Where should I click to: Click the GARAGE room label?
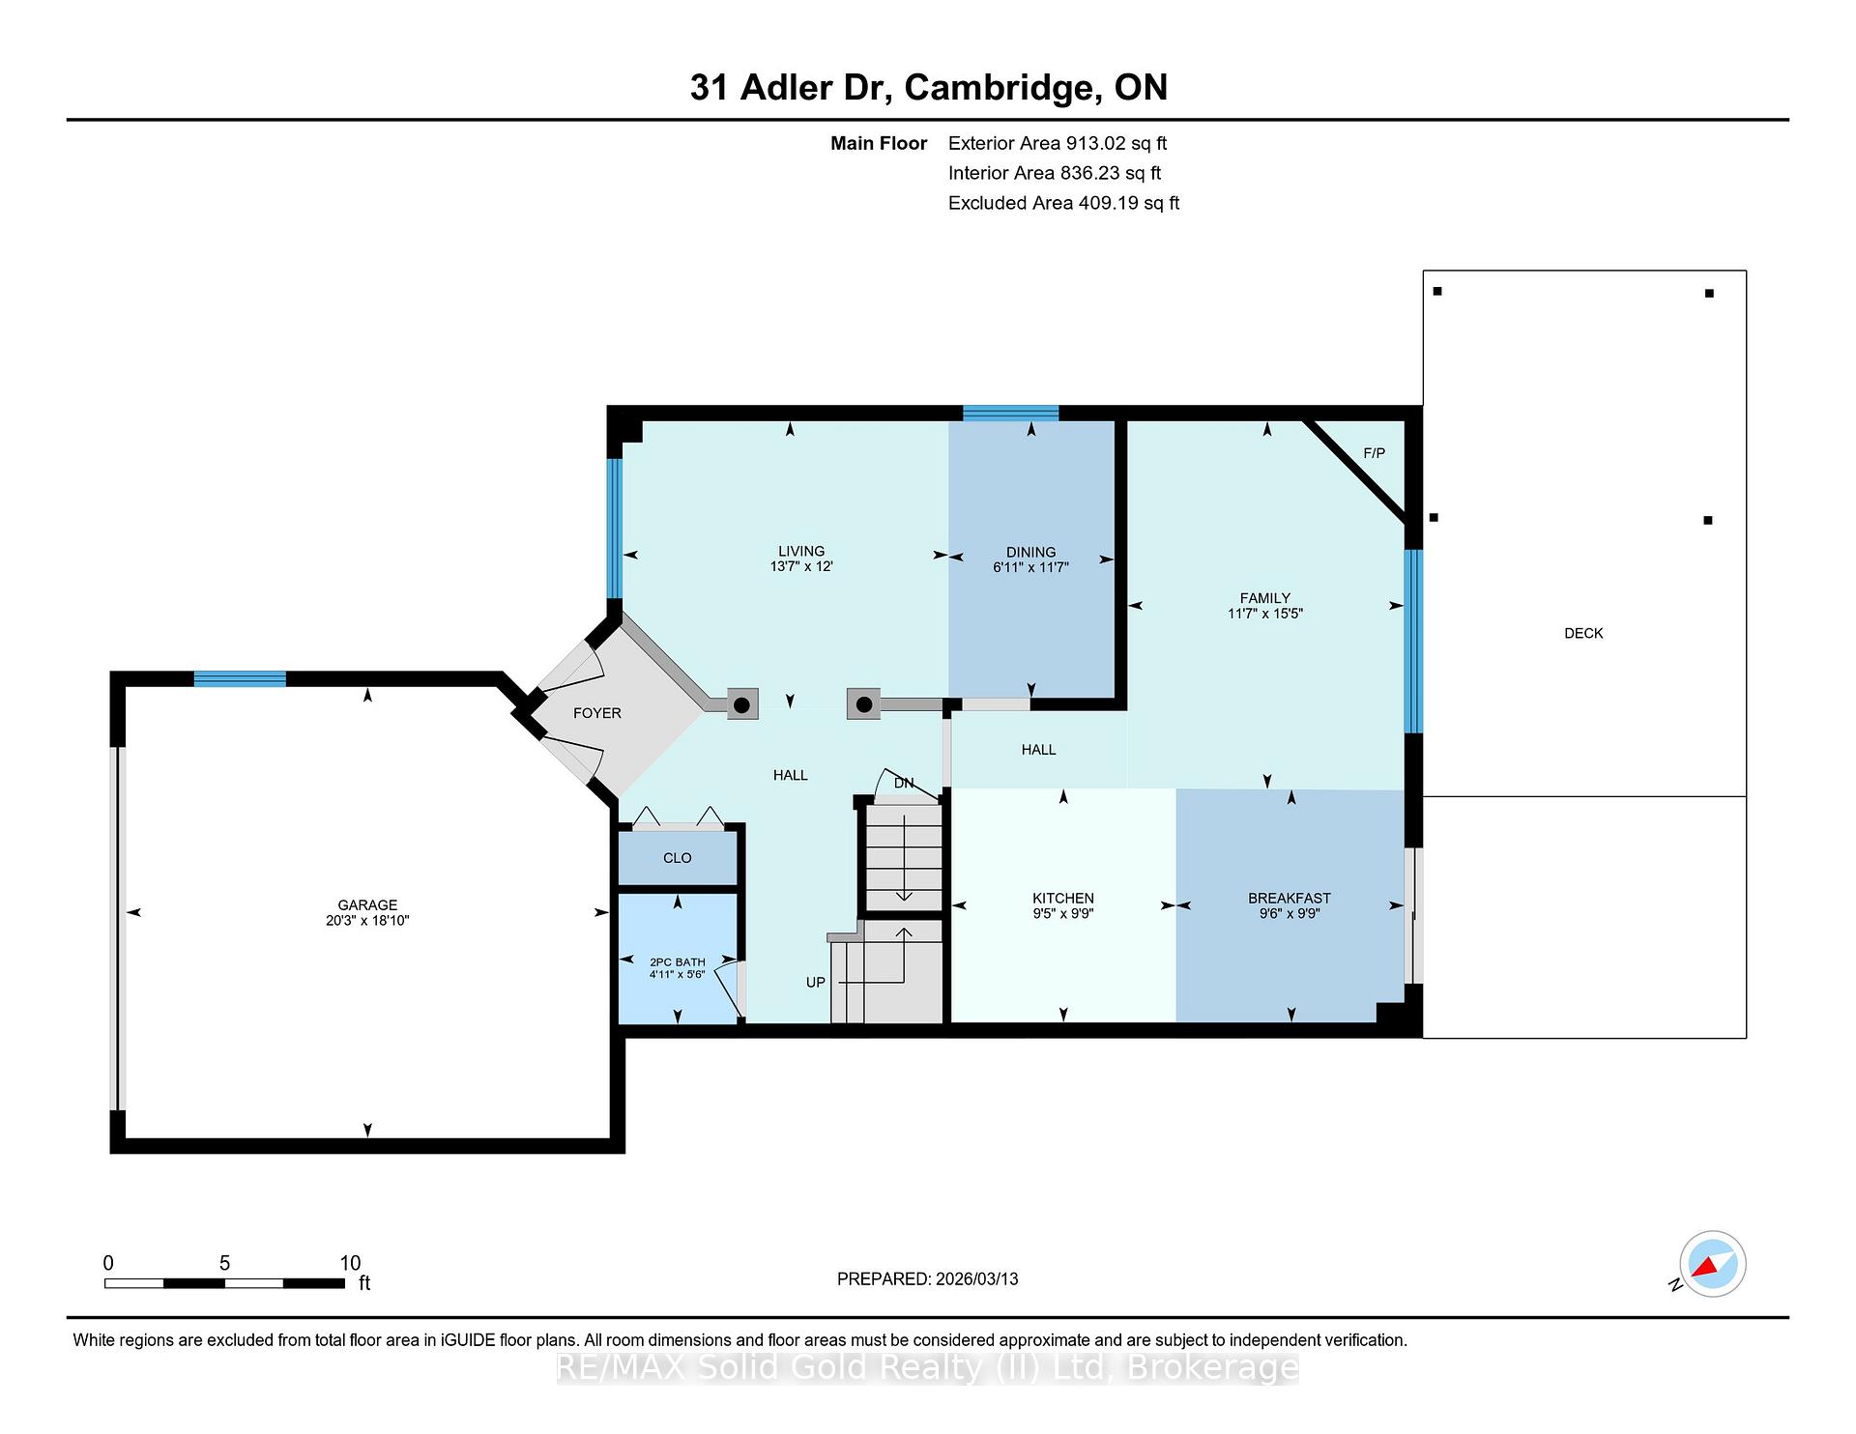click(367, 905)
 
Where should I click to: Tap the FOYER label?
click(597, 713)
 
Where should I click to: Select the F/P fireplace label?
click(1374, 453)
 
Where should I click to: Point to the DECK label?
click(1583, 633)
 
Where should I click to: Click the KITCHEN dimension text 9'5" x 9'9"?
click(1063, 913)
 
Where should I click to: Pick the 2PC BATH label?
click(678, 962)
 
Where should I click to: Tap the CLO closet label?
click(678, 858)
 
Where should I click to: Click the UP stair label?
click(816, 983)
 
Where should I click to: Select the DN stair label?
click(904, 783)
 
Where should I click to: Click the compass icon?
click(1712, 1264)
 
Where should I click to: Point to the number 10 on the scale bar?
click(350, 1263)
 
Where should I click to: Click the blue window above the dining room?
click(1010, 414)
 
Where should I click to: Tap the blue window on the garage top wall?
click(240, 678)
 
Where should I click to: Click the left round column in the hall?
click(741, 705)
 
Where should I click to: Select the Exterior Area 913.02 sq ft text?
click(1058, 144)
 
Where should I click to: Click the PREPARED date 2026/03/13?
click(976, 1279)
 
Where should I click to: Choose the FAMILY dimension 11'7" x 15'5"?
click(1265, 614)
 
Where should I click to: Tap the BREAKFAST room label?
click(1290, 899)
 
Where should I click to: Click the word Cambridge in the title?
click(1003, 88)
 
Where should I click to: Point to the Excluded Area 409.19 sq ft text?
click(1063, 204)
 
